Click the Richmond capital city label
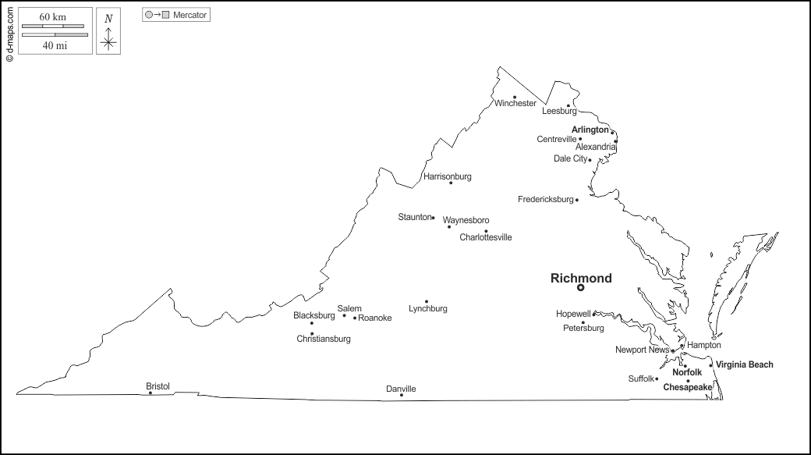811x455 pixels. (x=581, y=278)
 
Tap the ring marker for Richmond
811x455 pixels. (x=580, y=288)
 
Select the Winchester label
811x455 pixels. (x=515, y=103)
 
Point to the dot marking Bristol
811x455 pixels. (x=151, y=393)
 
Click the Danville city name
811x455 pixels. (x=402, y=389)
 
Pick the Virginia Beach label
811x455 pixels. (x=745, y=364)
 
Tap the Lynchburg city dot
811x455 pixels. (x=427, y=301)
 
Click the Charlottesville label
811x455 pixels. (x=486, y=237)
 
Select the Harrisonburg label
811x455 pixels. (x=448, y=176)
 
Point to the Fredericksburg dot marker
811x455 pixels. (x=577, y=200)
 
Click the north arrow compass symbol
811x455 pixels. (x=108, y=33)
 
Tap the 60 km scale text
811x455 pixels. (x=52, y=16)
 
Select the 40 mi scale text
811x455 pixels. (x=55, y=45)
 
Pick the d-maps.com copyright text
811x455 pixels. (x=9, y=32)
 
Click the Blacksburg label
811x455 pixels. (x=314, y=315)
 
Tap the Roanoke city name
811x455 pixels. (x=375, y=318)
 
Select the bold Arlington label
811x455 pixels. (x=590, y=130)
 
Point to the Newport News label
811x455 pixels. (x=642, y=350)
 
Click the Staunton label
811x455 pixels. (x=414, y=217)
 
